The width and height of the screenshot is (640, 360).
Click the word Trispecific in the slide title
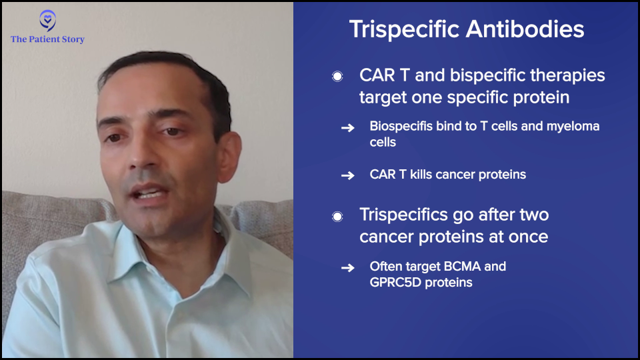(x=404, y=29)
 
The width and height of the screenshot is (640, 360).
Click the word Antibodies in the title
(x=525, y=29)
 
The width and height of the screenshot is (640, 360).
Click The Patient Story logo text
(x=47, y=39)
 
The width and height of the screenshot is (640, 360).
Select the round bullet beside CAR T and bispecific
(x=337, y=76)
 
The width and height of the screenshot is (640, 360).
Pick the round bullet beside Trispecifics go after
(x=337, y=216)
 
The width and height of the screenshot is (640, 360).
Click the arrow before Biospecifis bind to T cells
(x=348, y=128)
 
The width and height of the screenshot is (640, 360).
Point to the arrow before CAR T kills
(x=348, y=175)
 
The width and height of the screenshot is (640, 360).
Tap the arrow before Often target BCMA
(x=348, y=268)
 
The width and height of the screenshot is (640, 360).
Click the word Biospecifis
(x=401, y=127)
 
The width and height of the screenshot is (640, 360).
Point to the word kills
(x=421, y=174)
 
